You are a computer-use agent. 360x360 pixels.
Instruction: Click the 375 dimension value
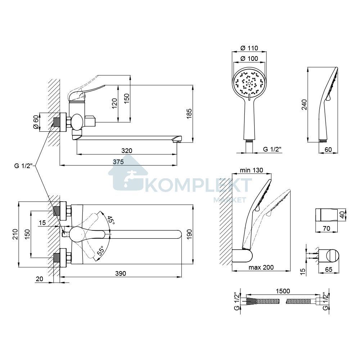[x=118, y=162]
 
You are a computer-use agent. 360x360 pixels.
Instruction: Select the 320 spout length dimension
[x=127, y=151]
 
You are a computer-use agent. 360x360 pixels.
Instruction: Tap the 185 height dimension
[x=189, y=113]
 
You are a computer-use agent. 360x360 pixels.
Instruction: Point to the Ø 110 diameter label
[x=249, y=48]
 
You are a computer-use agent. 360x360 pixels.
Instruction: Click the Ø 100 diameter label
[x=249, y=59]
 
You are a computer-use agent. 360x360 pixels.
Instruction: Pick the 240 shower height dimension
[x=304, y=104]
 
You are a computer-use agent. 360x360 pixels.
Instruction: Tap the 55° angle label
[x=101, y=251]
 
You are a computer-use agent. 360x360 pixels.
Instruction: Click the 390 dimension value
[x=121, y=274]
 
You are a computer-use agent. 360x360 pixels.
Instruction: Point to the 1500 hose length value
[x=283, y=291]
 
